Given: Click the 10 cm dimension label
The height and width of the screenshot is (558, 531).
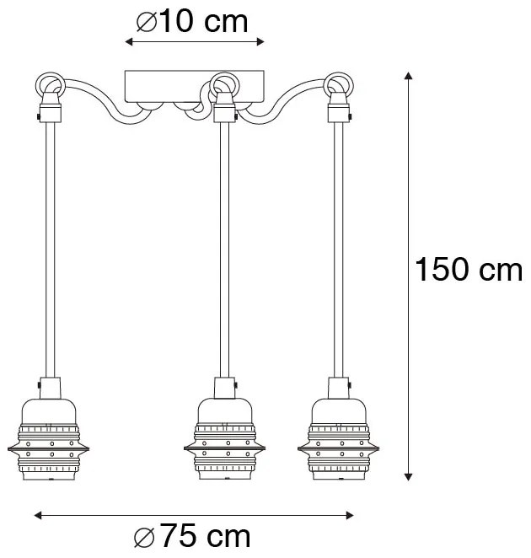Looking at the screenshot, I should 195,21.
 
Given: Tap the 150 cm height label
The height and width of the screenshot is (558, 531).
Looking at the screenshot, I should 469,270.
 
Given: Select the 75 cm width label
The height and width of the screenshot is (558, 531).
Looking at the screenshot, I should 193,537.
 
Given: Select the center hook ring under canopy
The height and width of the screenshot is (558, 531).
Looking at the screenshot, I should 222,84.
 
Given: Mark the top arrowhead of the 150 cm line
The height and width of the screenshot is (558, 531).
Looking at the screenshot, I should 409,78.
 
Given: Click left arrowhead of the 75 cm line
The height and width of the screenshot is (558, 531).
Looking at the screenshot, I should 38,515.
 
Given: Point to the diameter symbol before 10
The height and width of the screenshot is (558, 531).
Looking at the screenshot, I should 146,21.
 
